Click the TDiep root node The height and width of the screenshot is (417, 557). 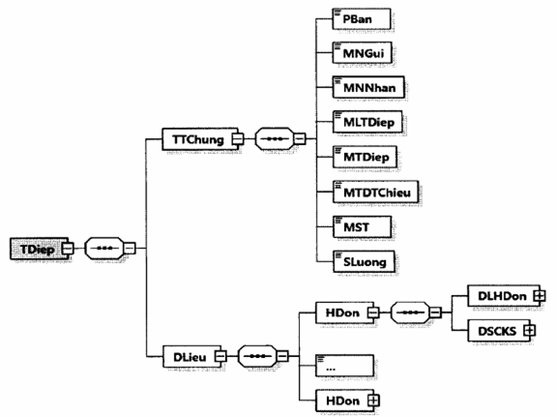39,249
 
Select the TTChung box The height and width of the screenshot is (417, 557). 200,139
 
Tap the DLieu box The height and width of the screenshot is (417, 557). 191,356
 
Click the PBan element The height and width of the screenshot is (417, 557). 362,19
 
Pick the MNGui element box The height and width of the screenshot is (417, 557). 363,53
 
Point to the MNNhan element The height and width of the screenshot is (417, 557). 368,87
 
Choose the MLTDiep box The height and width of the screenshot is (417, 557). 367,122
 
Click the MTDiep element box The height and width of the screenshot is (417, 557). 365,157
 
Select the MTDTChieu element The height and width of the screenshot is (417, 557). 375,192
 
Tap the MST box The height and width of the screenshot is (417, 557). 362,226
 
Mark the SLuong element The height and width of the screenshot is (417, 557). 364,261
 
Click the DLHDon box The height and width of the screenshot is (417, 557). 504,296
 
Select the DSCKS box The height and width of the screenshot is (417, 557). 499,331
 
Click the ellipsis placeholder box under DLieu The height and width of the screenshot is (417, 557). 344,366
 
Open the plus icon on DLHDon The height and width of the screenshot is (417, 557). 540,296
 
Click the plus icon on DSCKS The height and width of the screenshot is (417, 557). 530,331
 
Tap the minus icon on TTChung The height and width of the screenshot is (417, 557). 238,139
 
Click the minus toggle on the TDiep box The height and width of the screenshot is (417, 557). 69,249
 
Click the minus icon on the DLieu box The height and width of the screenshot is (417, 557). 220,356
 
